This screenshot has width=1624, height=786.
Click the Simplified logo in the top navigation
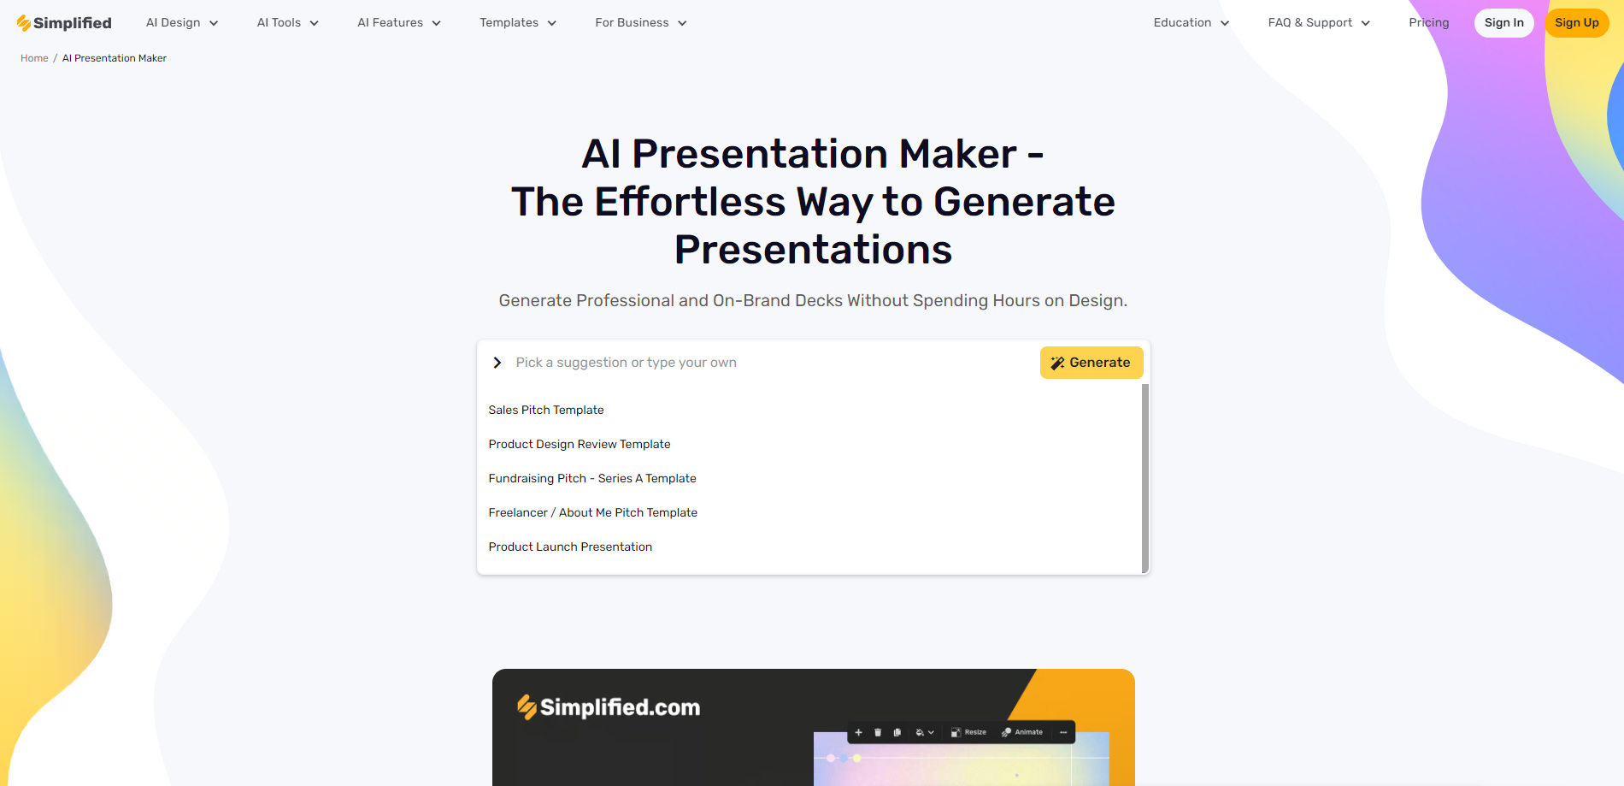pos(64,23)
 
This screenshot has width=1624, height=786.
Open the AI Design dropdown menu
pos(182,23)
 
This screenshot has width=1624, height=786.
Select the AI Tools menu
pos(288,23)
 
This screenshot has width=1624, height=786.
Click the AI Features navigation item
pos(399,23)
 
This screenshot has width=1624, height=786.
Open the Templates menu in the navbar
pos(518,23)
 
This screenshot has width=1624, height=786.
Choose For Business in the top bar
pos(641,23)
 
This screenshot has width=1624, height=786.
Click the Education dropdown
pos(1192,23)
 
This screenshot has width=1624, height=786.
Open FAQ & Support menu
pos(1319,23)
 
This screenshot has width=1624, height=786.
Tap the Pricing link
pos(1429,23)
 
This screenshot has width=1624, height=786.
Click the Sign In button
pos(1504,23)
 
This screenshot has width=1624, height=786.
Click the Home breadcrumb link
pos(34,58)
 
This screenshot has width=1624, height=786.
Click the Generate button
pos(1091,363)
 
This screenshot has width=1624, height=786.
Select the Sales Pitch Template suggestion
pos(546,410)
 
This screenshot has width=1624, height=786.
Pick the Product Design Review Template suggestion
pos(580,444)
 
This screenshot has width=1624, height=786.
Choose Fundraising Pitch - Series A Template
pos(592,478)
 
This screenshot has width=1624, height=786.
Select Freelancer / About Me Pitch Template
pos(593,512)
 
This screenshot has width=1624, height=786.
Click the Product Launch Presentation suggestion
pos(570,547)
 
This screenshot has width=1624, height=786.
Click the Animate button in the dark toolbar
pos(1022,732)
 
